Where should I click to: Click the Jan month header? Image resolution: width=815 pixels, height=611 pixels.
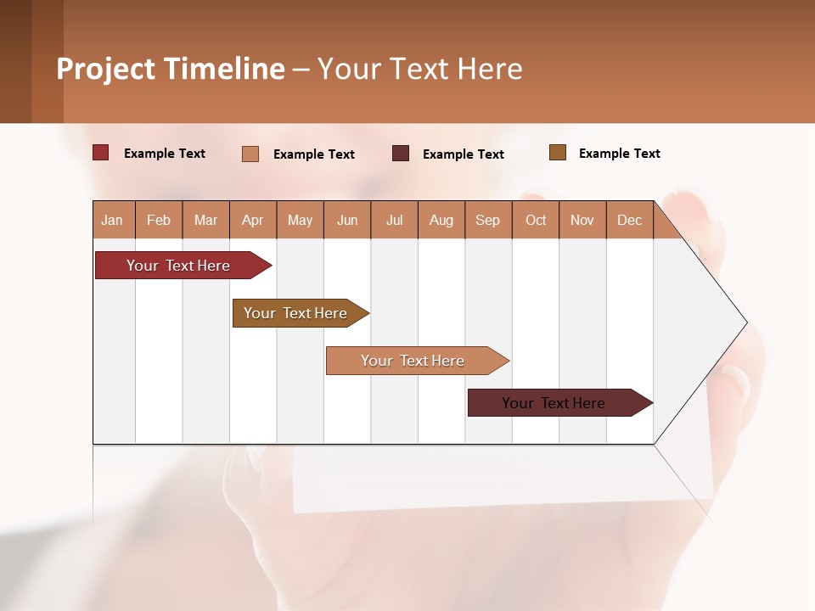point(113,220)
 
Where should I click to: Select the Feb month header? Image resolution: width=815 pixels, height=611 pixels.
point(159,220)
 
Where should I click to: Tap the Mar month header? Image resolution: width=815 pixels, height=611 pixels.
point(205,220)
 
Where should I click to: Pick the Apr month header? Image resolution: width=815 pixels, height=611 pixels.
point(253,220)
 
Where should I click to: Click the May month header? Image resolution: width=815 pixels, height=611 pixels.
point(300,220)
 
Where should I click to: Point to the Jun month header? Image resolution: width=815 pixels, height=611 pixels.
point(347,220)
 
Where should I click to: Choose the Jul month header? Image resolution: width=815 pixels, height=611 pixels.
point(394,220)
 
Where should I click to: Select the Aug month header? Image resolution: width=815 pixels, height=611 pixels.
point(441,220)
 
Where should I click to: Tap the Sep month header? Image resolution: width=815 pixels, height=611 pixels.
point(488,220)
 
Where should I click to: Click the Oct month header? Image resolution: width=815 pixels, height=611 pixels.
point(536,220)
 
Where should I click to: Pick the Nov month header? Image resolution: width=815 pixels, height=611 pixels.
point(582,220)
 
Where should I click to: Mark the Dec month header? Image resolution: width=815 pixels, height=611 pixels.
point(630,220)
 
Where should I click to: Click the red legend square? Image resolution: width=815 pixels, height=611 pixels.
point(101,153)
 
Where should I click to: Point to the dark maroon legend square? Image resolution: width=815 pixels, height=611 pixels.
point(401,153)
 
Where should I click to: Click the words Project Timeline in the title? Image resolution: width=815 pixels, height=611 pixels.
point(171,69)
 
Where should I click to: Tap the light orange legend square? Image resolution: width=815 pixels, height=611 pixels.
point(250,154)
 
